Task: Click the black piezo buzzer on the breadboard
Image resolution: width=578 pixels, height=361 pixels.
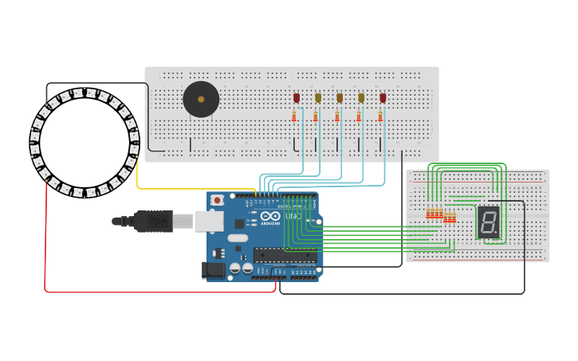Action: coord(201,100)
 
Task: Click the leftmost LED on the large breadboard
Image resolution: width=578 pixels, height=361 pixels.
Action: coord(297,98)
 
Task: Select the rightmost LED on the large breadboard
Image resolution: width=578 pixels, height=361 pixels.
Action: coord(383,98)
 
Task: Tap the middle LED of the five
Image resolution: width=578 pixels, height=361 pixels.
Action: coord(340,98)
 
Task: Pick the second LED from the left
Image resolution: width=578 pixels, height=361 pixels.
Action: coord(318,98)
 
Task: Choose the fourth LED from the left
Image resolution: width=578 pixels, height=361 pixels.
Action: coord(361,98)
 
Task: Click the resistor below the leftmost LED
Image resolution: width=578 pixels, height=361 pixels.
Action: coord(294,116)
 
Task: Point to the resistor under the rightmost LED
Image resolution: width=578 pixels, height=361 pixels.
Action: coord(380,116)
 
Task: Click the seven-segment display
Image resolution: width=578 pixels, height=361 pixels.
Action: coord(488,222)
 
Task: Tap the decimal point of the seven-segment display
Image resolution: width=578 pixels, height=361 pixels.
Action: coord(498,235)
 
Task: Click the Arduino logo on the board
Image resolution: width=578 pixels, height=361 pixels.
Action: coord(269,216)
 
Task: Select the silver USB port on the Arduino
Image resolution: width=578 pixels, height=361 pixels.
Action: coord(209,221)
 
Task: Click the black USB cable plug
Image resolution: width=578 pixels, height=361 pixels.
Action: coord(151,221)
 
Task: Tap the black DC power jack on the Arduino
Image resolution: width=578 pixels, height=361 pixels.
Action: coord(214,270)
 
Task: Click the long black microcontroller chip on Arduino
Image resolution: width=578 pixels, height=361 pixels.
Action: coord(284,255)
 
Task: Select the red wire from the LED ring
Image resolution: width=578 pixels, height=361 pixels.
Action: coord(45,239)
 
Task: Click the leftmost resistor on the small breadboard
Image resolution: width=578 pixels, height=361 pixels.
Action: coord(428,214)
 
